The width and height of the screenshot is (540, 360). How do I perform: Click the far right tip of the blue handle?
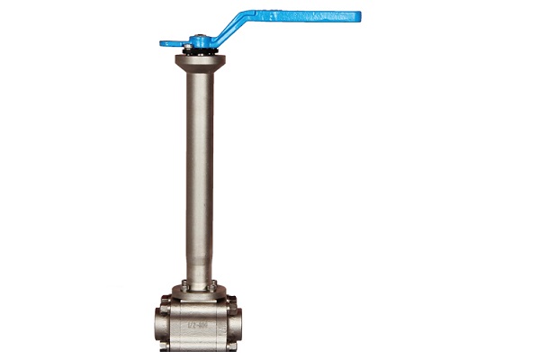(357, 15)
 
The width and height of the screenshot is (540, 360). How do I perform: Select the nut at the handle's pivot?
(198, 39)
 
